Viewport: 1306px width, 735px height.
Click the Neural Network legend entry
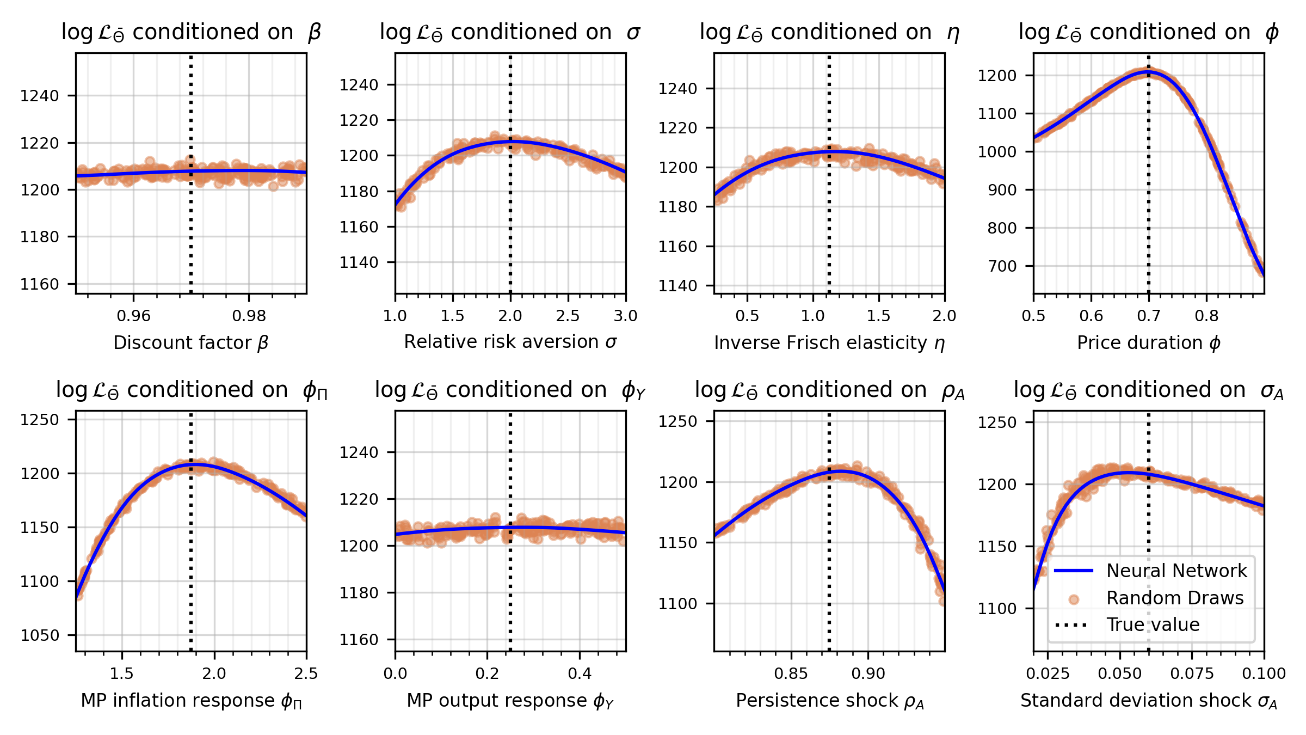(x=1176, y=571)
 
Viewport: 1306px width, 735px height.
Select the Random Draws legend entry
(x=1175, y=598)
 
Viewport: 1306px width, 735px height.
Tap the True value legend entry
(x=1153, y=624)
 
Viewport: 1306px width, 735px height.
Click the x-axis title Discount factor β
(x=191, y=342)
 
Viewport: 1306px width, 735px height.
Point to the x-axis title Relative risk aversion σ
(x=510, y=341)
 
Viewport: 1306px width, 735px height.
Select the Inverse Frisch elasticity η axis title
(x=829, y=342)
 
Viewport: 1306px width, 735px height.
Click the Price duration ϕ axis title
(x=1149, y=342)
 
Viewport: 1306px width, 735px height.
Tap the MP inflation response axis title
(x=191, y=701)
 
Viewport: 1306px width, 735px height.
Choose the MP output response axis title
(x=510, y=701)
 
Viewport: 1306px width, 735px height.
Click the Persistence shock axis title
(x=830, y=701)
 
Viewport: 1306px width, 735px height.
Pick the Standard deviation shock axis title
(x=1149, y=701)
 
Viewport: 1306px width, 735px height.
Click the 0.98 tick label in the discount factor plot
(x=249, y=316)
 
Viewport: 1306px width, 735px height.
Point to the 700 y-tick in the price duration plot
(x=1002, y=266)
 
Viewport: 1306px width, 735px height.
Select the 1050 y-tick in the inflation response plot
(x=39, y=635)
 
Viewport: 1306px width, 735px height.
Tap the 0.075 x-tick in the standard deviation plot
(x=1192, y=673)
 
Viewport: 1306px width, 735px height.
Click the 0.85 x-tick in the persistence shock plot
(x=791, y=673)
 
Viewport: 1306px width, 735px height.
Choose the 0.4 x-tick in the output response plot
(x=580, y=673)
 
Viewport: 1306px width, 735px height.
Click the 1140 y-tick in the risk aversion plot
(x=359, y=262)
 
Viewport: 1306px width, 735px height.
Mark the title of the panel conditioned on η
(x=829, y=33)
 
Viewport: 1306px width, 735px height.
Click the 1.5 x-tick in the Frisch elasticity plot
(x=878, y=316)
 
